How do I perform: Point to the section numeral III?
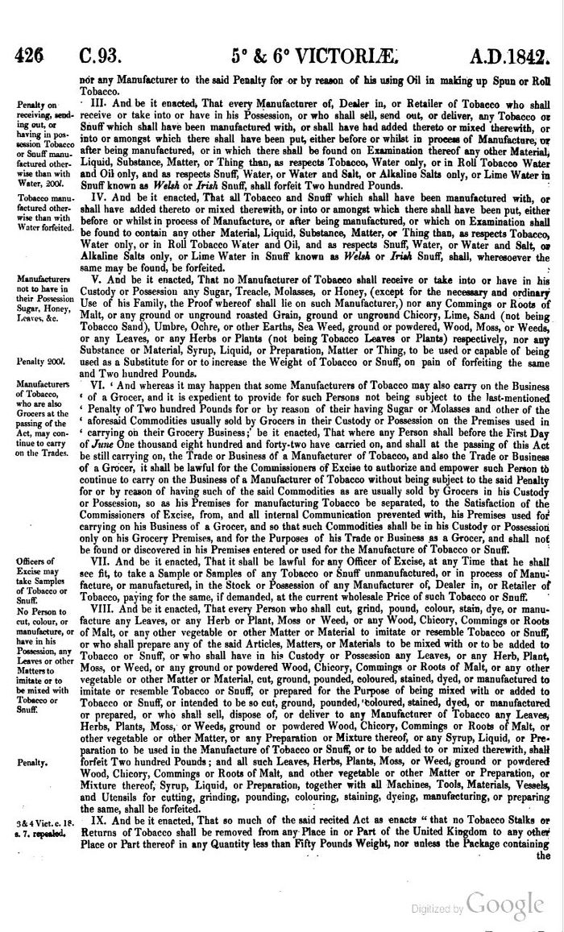tap(98, 105)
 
